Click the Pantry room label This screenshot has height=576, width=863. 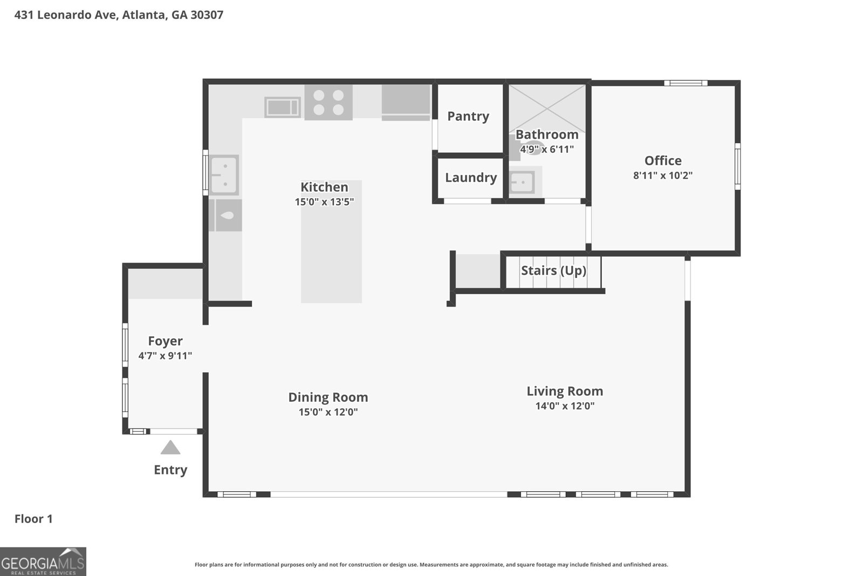point(468,116)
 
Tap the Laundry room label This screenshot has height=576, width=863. point(470,178)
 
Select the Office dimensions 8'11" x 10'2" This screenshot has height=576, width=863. point(662,175)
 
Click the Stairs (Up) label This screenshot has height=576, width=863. point(553,270)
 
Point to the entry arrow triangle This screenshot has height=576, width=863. point(170,448)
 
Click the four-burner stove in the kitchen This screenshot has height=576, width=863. point(328,103)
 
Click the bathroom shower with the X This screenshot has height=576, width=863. point(547,107)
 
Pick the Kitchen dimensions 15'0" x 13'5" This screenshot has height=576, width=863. point(324,202)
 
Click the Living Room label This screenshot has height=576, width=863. point(565,391)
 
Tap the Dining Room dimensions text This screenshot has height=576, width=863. point(328,412)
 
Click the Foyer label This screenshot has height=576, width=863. point(165,341)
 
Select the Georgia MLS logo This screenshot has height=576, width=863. point(43,561)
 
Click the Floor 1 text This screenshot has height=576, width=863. point(33,519)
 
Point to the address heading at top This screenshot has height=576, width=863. point(119,15)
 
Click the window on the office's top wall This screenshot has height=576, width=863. point(685,83)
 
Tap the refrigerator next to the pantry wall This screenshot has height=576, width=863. point(406,102)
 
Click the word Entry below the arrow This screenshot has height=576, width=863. point(170,470)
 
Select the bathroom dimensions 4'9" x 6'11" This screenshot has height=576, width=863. point(546,150)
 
